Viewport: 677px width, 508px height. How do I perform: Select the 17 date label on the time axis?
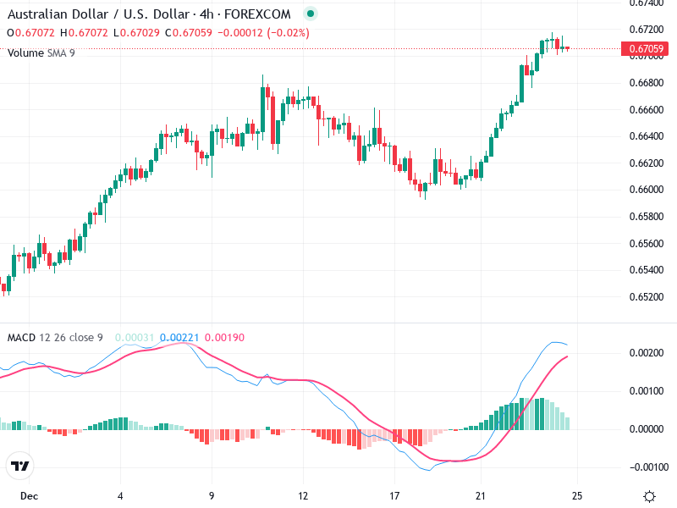point(394,495)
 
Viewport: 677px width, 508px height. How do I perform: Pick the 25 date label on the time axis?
point(577,495)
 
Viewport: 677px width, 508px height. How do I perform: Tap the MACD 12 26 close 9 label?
point(55,338)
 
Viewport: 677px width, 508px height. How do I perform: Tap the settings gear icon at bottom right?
point(649,496)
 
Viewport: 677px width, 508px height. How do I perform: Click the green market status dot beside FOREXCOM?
point(311,14)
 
